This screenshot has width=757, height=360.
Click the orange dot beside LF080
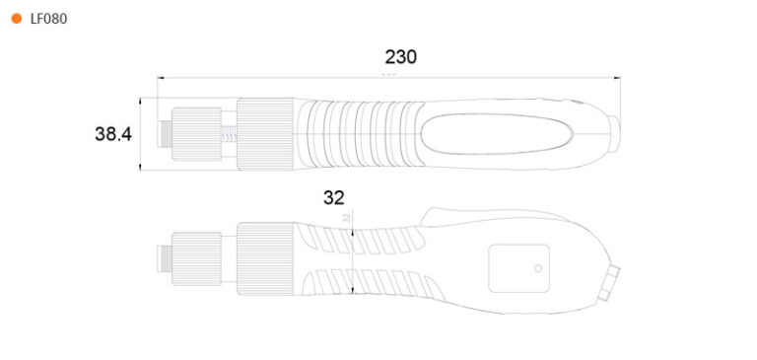[16, 19]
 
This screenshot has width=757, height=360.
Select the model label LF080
[48, 19]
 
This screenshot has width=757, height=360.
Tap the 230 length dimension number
[400, 57]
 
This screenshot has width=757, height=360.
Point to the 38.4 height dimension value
[113, 134]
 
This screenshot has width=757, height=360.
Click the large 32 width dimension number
[334, 197]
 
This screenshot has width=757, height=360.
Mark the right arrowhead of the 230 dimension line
[617, 77]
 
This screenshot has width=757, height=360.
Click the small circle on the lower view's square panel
[538, 268]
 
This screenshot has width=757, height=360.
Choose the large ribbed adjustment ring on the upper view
[266, 134]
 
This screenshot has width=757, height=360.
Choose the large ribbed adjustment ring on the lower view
[266, 258]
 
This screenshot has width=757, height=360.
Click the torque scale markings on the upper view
[227, 135]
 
